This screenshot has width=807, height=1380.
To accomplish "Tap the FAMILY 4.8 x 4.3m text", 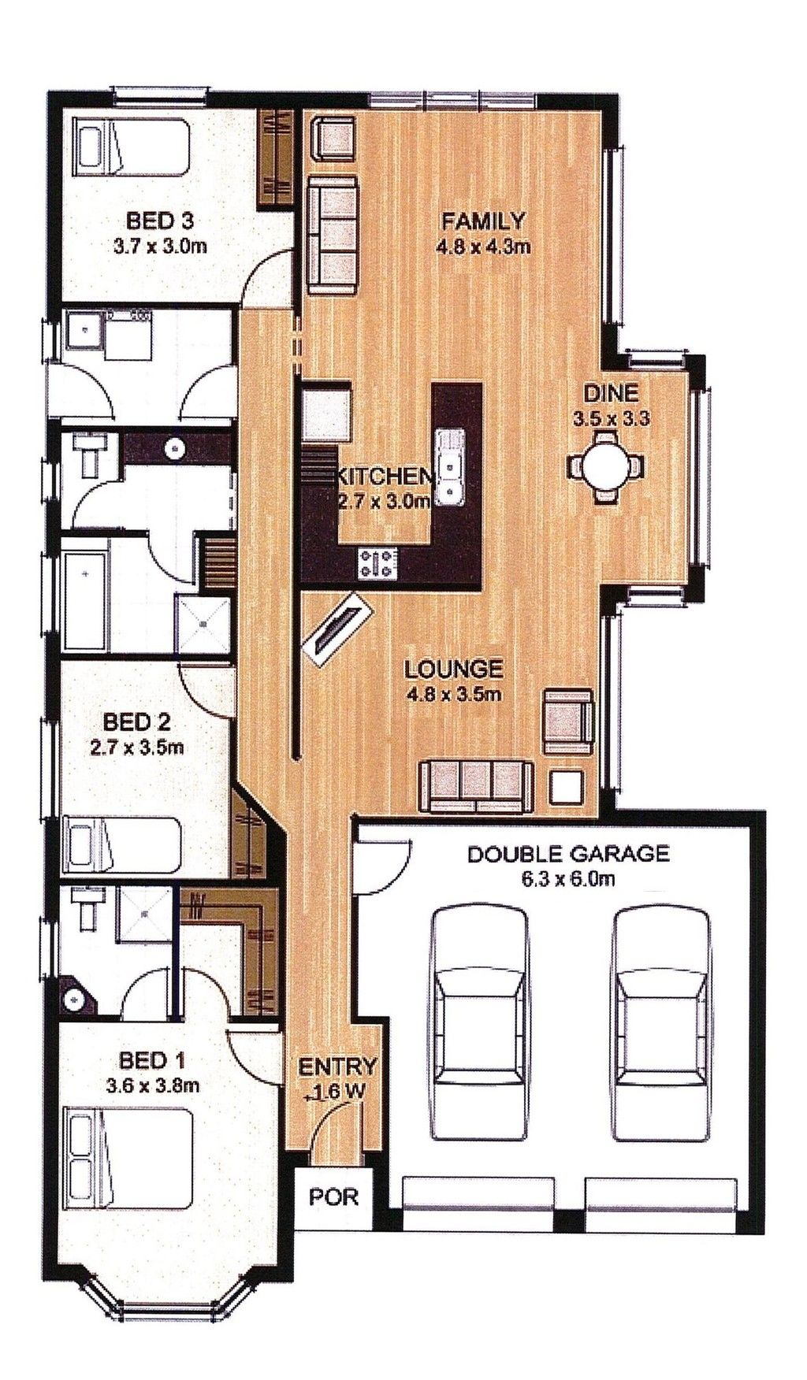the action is [482, 232].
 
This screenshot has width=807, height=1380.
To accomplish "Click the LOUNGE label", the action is [453, 670].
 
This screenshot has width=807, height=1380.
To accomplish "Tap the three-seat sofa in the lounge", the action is [475, 786].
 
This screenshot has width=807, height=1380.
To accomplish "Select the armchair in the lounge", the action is [567, 719].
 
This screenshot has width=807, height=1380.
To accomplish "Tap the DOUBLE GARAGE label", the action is [568, 853].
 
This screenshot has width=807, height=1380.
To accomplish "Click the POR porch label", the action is [333, 1198].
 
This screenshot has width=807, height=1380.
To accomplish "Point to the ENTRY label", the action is [337, 1067].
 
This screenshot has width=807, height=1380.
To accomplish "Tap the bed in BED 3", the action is [132, 147].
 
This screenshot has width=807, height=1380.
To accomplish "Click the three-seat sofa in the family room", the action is [333, 234].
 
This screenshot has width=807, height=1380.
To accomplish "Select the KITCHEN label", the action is [384, 477].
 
